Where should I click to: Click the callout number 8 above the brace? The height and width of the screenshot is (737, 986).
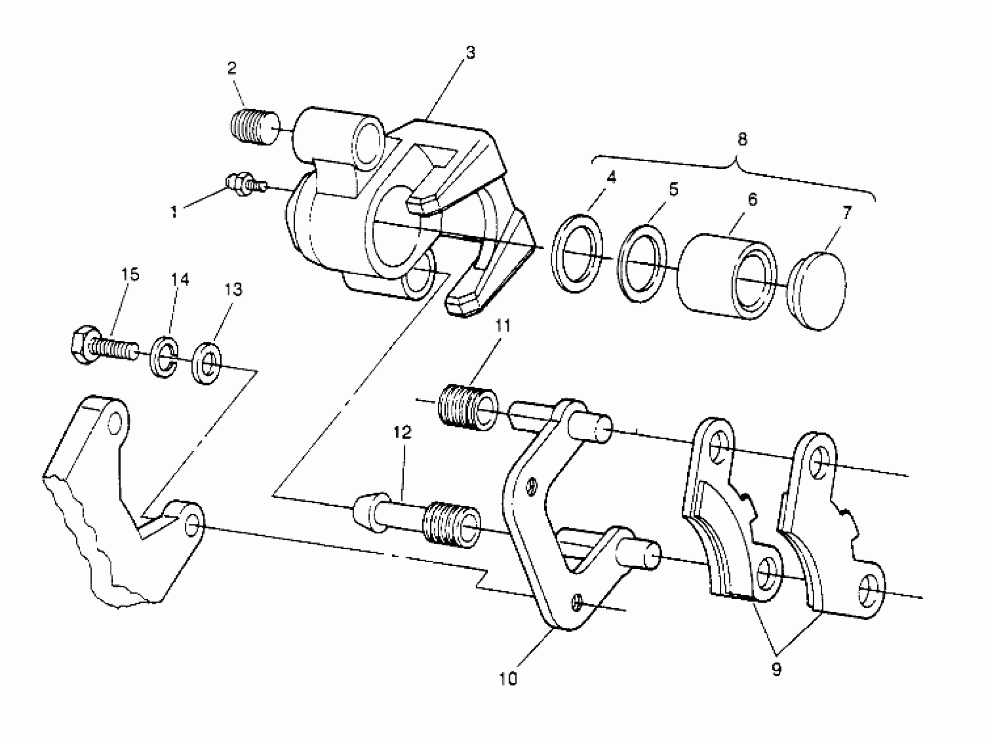[x=742, y=140]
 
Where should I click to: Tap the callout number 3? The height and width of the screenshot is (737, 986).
[x=471, y=52]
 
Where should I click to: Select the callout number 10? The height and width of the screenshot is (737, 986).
[x=508, y=678]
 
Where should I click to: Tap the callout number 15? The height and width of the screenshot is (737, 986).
[x=130, y=274]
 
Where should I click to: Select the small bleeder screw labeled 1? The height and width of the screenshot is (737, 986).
[x=244, y=184]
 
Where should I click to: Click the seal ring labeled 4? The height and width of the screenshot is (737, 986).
[x=577, y=254]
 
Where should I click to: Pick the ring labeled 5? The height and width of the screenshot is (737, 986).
[x=642, y=264]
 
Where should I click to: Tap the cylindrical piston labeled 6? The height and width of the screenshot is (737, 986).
[x=727, y=276]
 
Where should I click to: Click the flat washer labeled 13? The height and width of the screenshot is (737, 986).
[x=207, y=363]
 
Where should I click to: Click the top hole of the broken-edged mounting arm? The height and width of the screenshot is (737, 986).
[x=115, y=423]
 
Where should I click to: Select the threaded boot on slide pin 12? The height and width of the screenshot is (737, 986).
[x=451, y=522]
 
